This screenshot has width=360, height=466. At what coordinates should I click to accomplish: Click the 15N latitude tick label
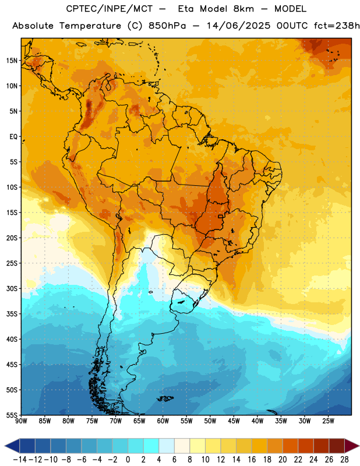point(12,61)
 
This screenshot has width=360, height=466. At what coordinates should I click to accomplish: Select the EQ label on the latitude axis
point(13,137)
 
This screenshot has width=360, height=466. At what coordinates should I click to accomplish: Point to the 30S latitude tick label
point(12,288)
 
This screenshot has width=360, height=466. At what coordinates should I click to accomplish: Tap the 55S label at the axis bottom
point(12,415)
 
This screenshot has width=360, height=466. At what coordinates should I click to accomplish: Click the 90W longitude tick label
point(21,421)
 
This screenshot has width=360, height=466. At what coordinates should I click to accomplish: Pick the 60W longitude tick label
point(163,421)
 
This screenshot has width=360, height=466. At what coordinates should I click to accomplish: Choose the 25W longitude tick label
point(328,421)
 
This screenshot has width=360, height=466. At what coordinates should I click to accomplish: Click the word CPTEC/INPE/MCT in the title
point(109,9)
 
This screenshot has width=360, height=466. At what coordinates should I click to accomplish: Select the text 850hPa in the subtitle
point(167,26)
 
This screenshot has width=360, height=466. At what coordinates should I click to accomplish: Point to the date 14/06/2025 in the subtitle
point(238,26)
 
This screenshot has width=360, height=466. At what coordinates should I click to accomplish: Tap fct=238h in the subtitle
point(337,26)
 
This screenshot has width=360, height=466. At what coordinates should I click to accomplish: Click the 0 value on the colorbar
point(128,460)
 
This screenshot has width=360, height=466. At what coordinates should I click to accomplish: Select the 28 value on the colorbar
point(344,460)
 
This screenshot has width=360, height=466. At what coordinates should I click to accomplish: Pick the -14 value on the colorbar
point(20,460)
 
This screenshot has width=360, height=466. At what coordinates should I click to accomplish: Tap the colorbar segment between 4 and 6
point(167,446)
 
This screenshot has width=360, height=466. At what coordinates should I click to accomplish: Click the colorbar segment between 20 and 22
point(290,446)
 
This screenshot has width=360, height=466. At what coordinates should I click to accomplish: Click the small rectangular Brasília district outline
point(221,216)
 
